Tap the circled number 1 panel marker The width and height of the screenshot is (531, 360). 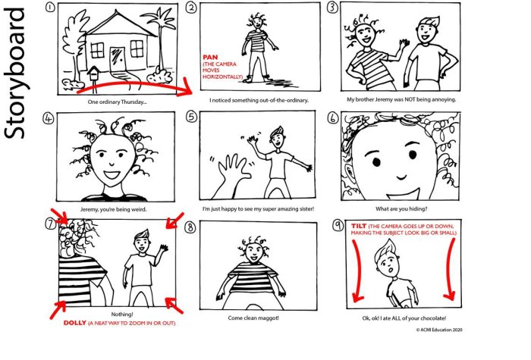coord(50,8)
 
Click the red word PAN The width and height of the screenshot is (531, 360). coord(209,57)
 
